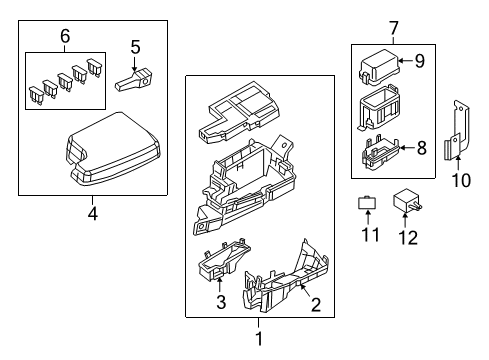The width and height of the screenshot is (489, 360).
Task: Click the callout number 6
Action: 65,36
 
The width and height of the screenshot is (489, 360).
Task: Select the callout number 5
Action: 135,47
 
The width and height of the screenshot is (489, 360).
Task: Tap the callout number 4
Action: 93,214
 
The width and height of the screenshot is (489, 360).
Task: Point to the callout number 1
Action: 259,339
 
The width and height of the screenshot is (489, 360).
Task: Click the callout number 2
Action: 316,305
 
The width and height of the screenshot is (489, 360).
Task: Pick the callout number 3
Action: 221,302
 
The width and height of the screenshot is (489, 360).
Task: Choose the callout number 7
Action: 394,28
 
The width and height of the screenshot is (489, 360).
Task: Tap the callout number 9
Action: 420,61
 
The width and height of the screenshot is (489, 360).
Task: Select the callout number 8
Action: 422,148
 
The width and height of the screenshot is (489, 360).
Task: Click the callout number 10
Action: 461,180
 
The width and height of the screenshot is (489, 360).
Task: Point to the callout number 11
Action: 370,235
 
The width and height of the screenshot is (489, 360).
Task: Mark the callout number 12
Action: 408,238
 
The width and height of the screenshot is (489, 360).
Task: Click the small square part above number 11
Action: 367,202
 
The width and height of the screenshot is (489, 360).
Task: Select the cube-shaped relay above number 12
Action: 407,200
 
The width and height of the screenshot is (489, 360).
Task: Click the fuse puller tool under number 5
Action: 133,80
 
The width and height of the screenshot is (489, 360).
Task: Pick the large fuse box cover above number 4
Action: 113,149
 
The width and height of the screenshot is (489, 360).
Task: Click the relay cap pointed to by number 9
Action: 379,68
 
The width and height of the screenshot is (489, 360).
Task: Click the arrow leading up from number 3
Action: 219,285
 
